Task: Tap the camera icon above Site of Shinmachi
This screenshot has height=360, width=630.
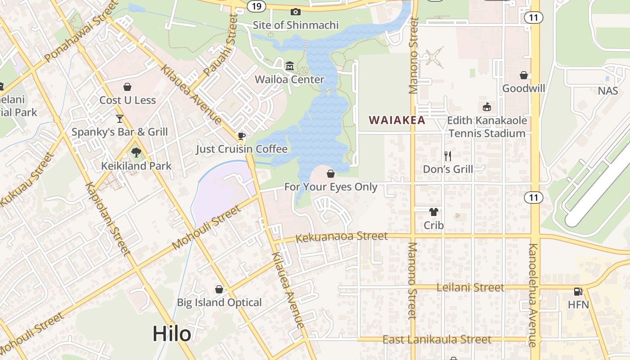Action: point(296,12)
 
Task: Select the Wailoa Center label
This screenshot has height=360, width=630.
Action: point(289,80)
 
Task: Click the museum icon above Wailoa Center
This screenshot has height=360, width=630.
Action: point(289,67)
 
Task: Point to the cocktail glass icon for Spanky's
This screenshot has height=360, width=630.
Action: point(120,118)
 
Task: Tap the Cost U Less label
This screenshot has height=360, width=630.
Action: point(128,100)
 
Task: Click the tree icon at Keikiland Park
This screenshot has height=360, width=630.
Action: point(136,153)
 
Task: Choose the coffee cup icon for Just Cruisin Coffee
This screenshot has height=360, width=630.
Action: point(242,136)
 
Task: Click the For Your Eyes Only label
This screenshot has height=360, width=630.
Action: point(331,186)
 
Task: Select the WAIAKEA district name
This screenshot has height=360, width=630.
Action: point(397,120)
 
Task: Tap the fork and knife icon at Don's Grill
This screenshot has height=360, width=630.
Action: point(448,156)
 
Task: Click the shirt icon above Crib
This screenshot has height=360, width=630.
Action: point(434,212)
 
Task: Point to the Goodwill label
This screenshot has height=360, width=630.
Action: point(524,88)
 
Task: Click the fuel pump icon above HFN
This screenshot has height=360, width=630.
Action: point(578,292)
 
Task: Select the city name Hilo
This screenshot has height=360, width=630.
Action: point(171,334)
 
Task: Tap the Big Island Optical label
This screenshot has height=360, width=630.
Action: point(219,302)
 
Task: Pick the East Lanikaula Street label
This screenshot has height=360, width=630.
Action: point(436,339)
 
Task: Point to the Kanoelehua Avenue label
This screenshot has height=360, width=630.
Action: point(533,295)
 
